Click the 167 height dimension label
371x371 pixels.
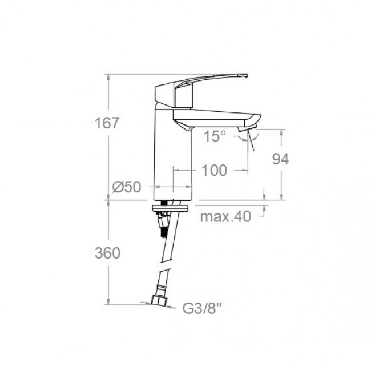[107, 123]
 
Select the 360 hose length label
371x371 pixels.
[108, 253]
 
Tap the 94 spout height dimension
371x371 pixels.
[280, 159]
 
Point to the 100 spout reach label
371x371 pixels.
[215, 170]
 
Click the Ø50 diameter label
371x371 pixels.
[127, 187]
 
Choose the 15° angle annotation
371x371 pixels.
[215, 136]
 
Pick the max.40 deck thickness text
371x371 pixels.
[225, 216]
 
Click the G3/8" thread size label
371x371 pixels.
[202, 308]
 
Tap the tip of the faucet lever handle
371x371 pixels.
[247, 76]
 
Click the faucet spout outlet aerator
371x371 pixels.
[247, 128]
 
